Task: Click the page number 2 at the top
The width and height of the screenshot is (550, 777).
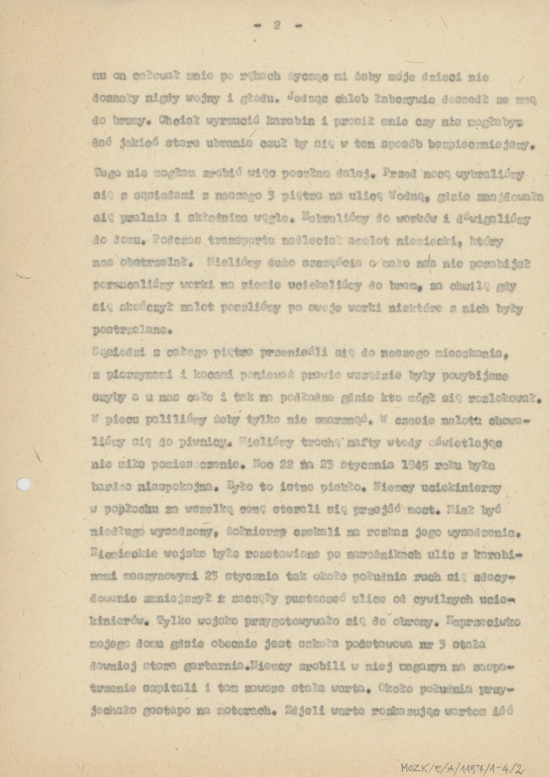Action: (277, 25)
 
